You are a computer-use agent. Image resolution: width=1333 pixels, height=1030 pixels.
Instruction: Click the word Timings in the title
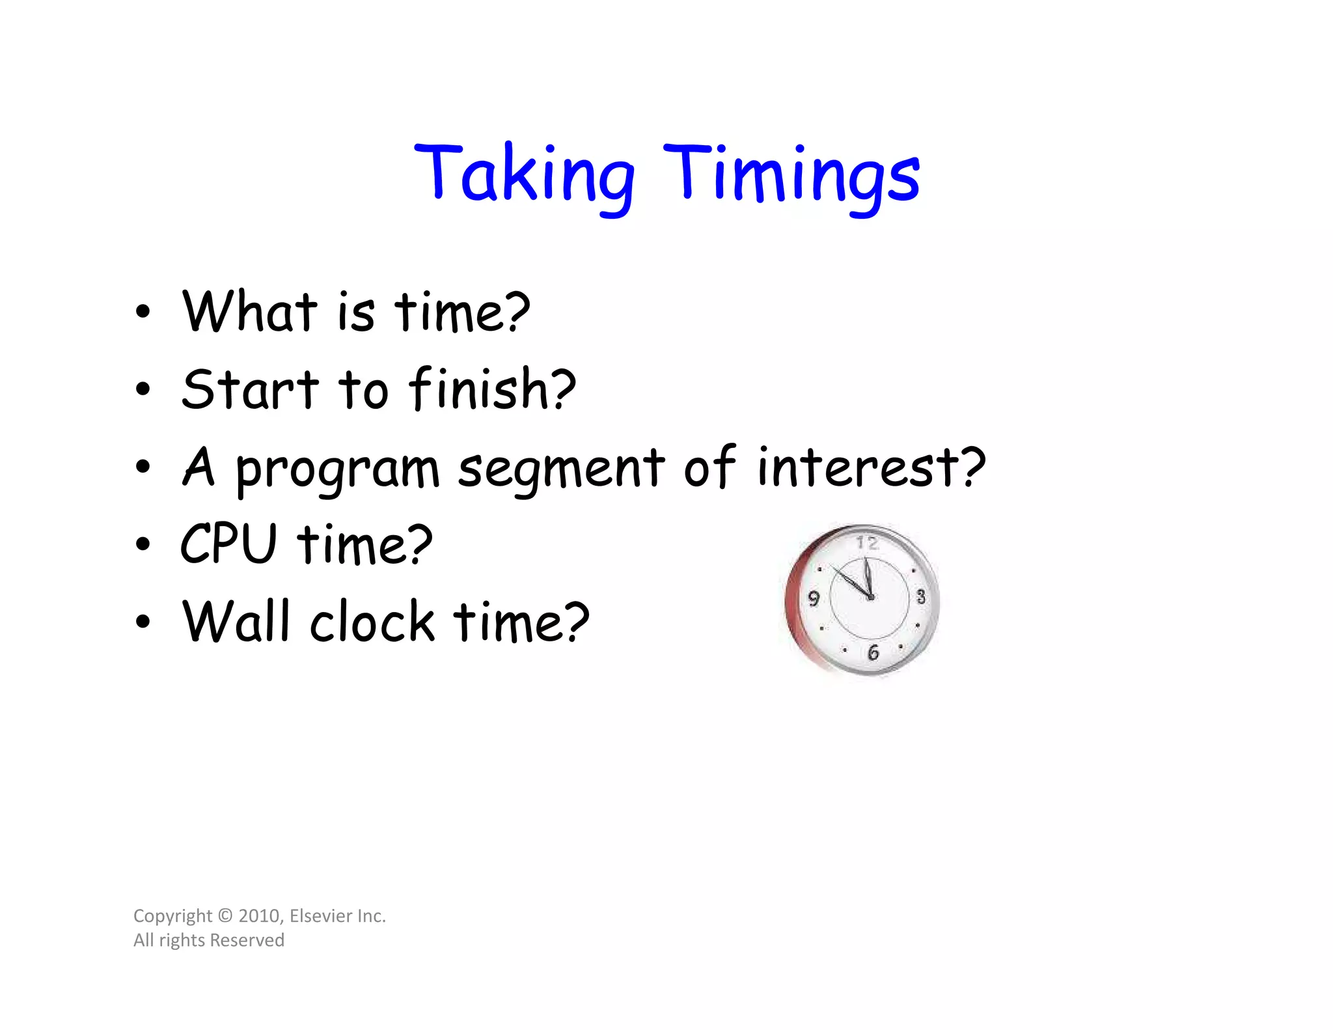coord(791,174)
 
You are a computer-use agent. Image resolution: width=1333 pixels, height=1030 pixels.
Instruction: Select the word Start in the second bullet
coord(250,389)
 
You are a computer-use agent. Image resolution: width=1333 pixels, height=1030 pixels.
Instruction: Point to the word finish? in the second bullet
coord(492,389)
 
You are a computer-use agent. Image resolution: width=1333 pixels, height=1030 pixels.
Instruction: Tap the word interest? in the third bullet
coord(871,467)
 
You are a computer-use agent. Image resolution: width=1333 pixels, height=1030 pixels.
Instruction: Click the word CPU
coord(228,544)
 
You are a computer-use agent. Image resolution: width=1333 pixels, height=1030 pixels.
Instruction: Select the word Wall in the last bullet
coord(235,621)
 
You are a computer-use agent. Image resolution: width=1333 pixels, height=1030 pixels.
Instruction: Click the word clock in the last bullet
coord(372,622)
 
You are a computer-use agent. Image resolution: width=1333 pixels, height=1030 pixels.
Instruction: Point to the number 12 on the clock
coord(867,543)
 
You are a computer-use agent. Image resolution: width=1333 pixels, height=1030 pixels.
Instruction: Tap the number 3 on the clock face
coord(920,596)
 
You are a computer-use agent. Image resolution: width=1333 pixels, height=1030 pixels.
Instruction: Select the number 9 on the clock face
coord(814,598)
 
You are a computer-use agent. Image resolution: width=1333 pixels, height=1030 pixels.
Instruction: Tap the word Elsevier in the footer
coord(320,916)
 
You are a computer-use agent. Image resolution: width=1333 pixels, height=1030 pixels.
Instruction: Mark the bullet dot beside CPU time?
coord(143,544)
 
